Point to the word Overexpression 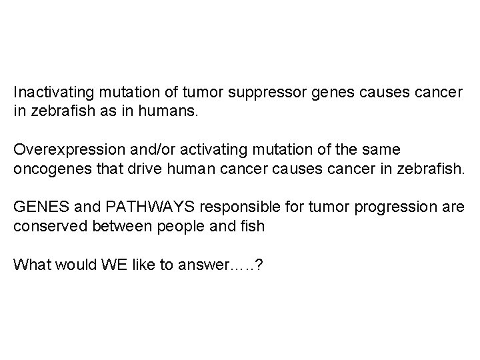point(63,149)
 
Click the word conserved point(45,226)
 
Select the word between point(113,226)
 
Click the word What point(29,265)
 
